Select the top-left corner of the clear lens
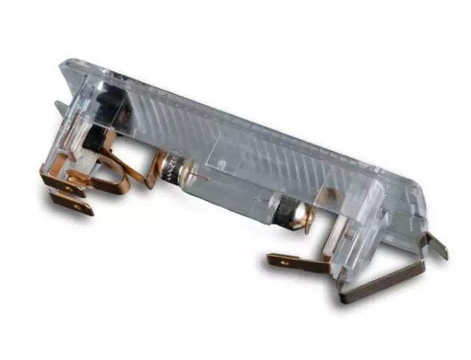coord(66,66)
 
